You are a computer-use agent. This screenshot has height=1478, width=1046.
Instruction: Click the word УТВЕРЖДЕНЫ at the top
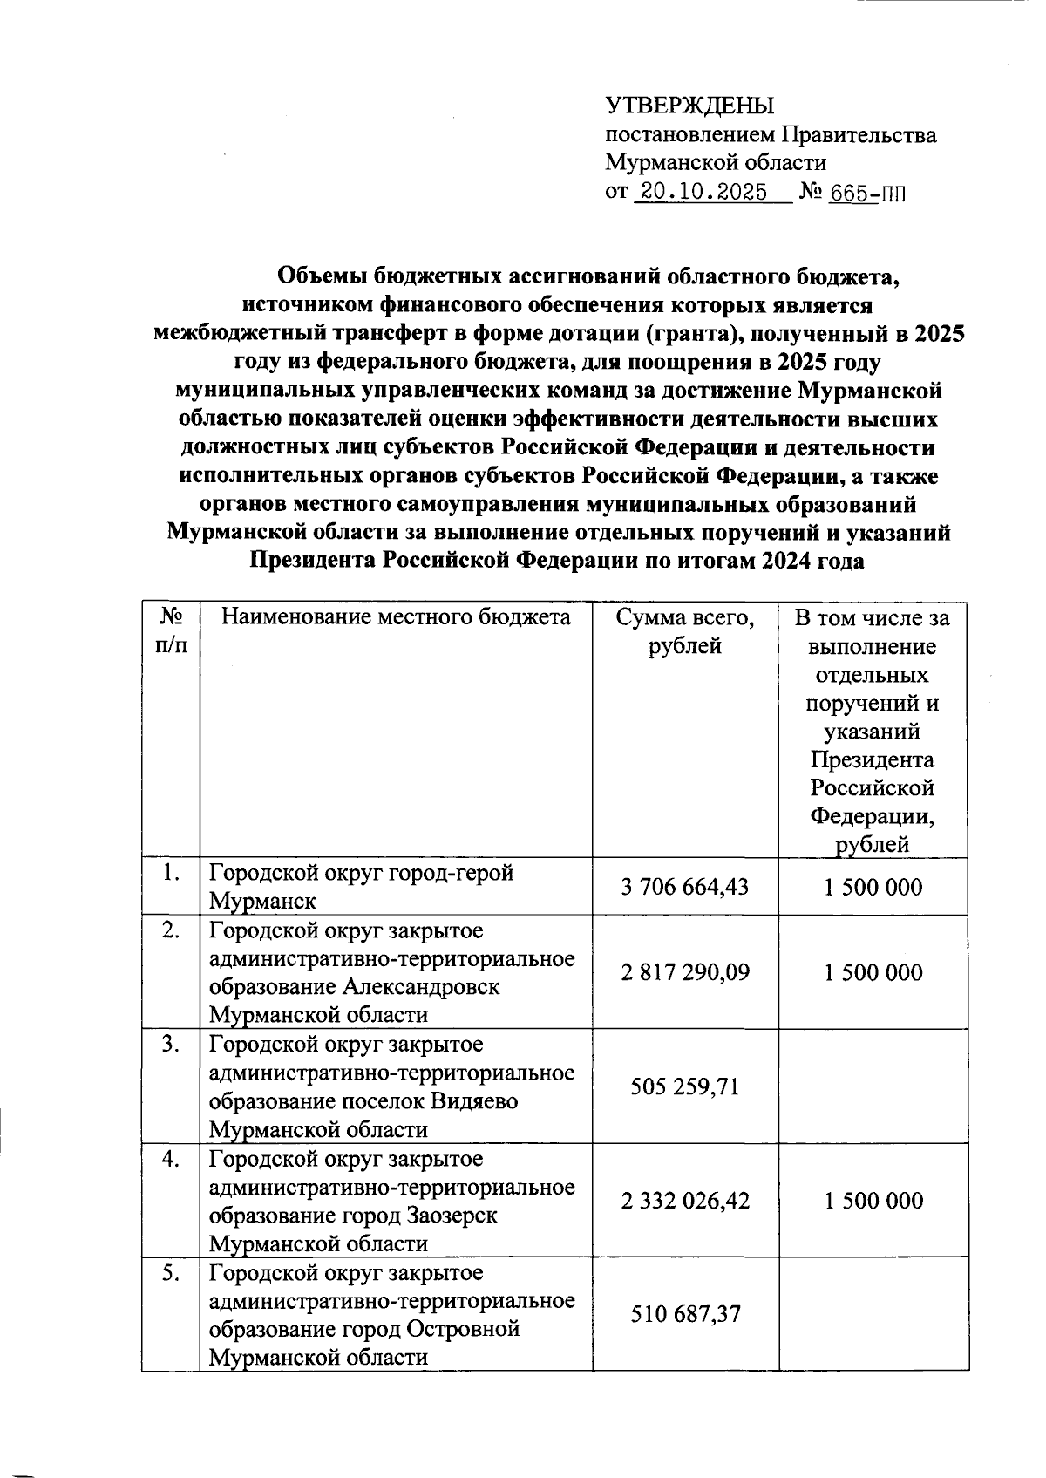click(689, 106)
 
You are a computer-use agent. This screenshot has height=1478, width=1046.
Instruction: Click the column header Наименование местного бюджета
click(396, 617)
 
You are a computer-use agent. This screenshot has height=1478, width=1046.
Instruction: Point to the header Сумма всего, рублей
click(684, 631)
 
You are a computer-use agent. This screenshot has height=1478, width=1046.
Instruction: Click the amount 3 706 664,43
click(684, 887)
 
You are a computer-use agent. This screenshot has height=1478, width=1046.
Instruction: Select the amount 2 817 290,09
click(684, 972)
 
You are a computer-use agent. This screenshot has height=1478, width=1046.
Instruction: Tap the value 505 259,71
click(684, 1086)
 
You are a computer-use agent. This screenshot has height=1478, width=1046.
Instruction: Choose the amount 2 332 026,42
click(684, 1201)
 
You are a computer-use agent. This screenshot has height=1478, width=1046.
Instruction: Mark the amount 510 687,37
click(684, 1313)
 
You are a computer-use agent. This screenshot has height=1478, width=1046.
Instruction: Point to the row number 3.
click(171, 1045)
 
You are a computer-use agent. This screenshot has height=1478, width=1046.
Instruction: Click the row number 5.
click(171, 1273)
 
